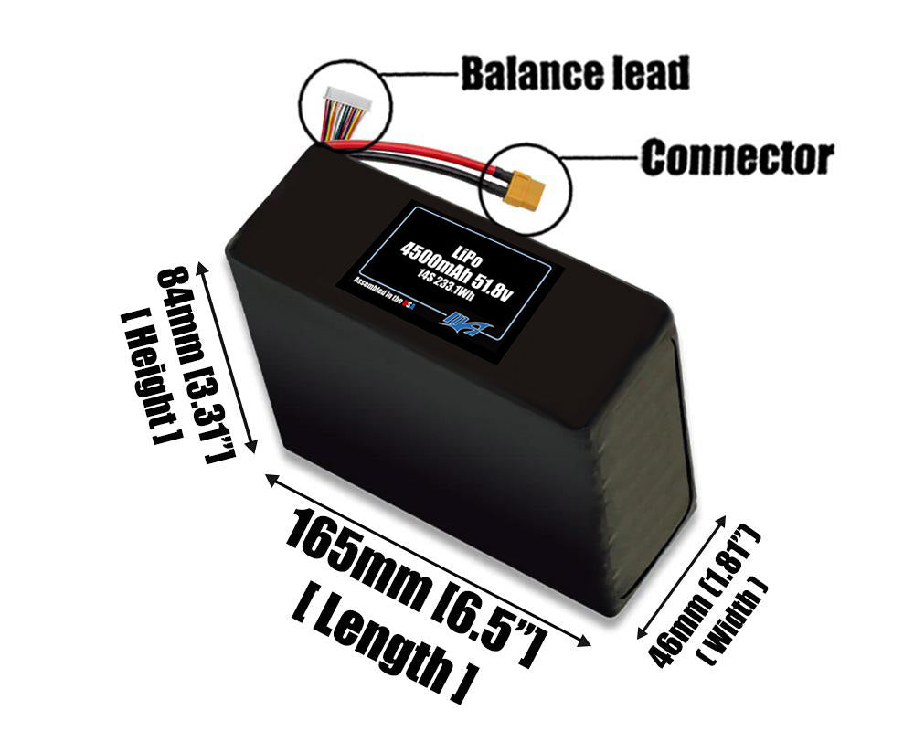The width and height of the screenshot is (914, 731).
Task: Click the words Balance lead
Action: [574, 74]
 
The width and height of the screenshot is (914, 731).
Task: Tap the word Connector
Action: [737, 157]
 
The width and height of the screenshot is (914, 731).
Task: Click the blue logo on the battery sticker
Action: [469, 322]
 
